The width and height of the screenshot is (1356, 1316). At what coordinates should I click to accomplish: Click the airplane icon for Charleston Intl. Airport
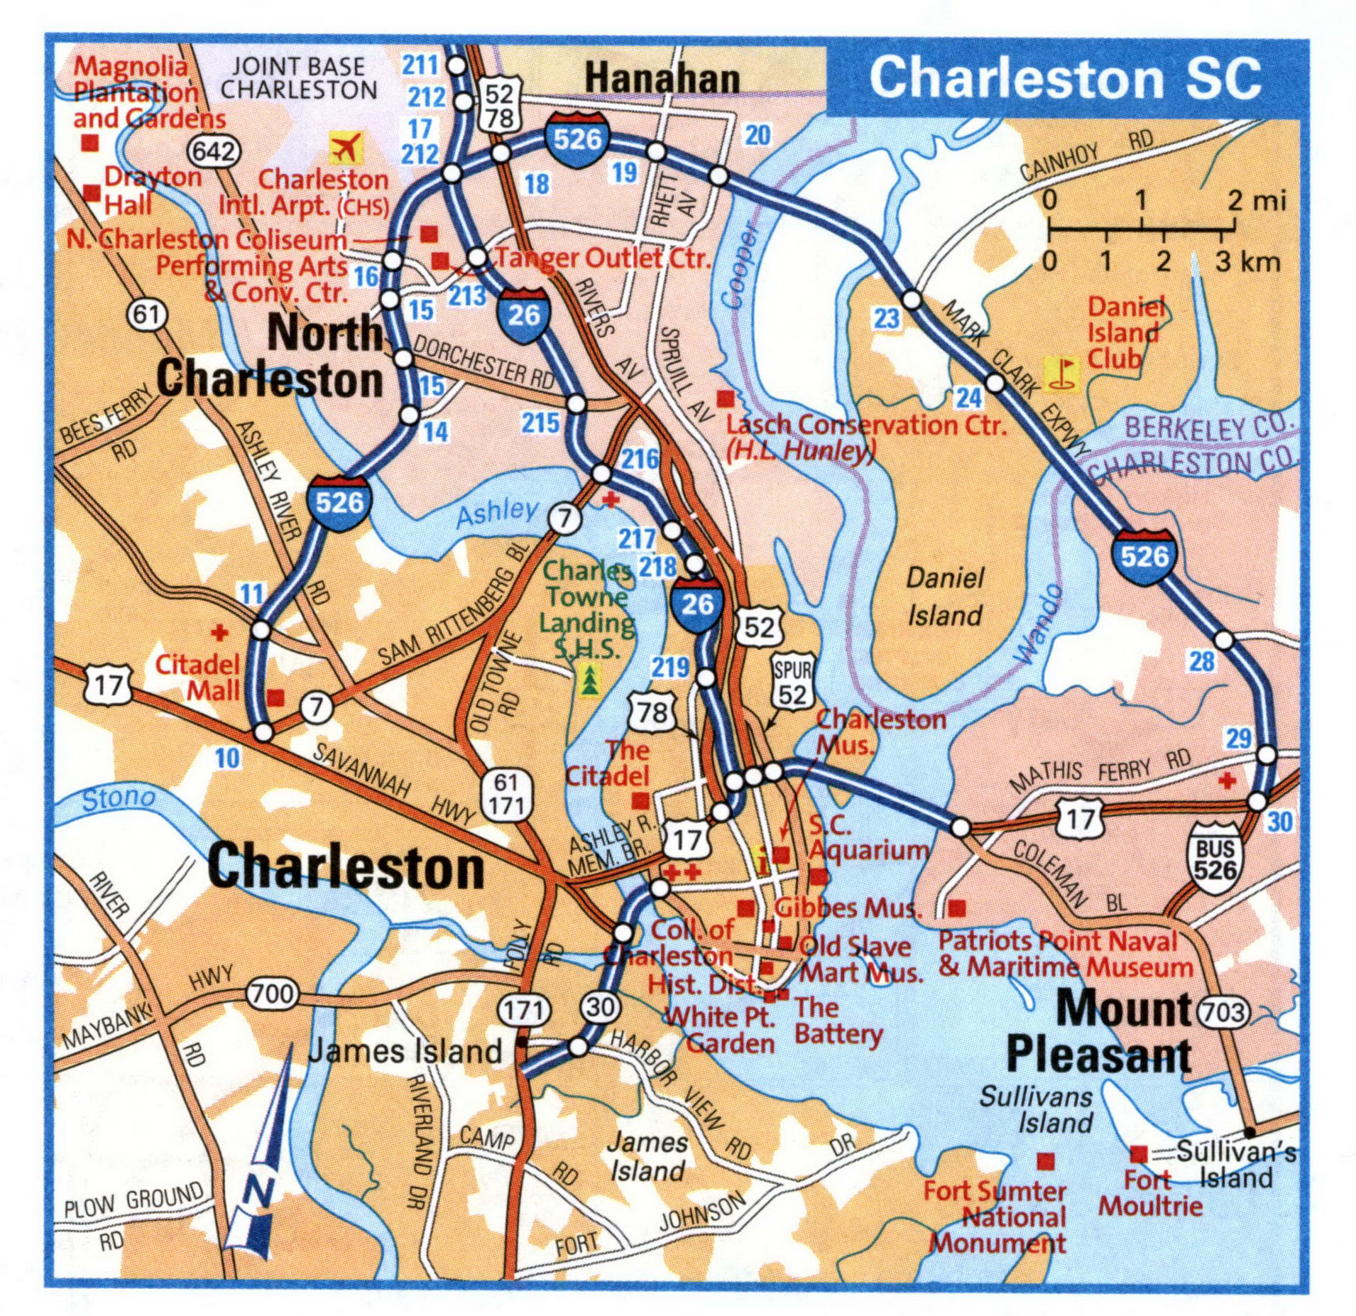tap(346, 148)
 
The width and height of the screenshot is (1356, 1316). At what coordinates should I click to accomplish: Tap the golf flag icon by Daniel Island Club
tap(1061, 374)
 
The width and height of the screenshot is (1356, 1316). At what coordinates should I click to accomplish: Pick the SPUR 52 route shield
tap(792, 683)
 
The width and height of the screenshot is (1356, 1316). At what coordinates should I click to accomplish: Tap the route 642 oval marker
tap(214, 151)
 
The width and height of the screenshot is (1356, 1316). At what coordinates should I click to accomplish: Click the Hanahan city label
tap(662, 78)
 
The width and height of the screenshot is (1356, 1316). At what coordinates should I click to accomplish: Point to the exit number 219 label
tap(670, 667)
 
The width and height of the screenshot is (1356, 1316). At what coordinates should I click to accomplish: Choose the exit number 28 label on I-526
tap(1202, 661)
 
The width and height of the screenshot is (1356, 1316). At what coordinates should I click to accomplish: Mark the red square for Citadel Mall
tap(275, 697)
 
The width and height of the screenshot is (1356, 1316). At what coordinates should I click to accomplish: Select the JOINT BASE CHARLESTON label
tap(298, 78)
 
